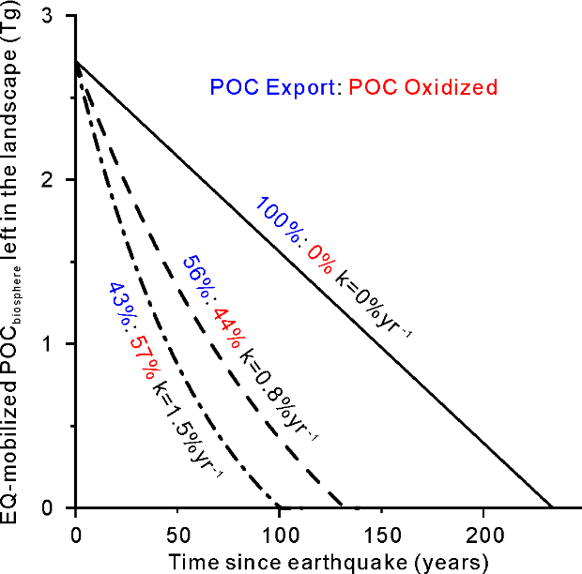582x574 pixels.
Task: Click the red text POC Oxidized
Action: pos(422,88)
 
